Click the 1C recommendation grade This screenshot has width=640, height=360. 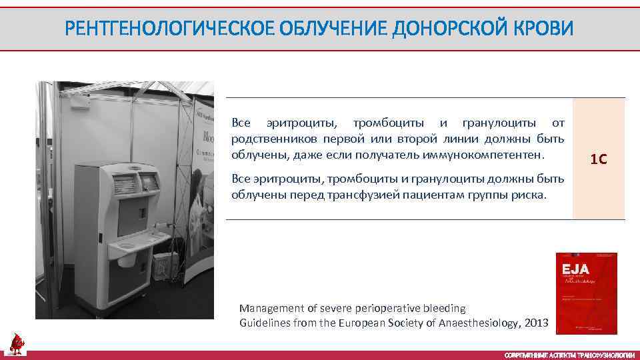[x=599, y=159]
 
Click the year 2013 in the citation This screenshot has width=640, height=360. [x=536, y=323]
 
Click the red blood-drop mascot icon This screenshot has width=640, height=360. [x=15, y=343]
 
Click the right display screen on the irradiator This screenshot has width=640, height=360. [x=148, y=179]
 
